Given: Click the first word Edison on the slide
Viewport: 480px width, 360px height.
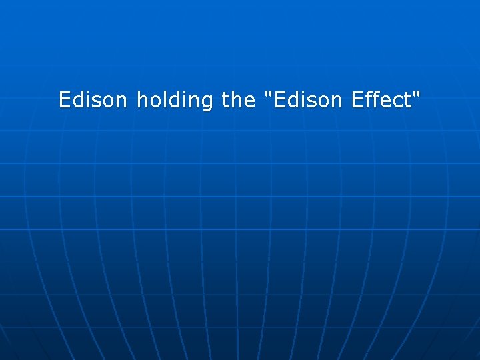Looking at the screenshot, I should click(x=93, y=100).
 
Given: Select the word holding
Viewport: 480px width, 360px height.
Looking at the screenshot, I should click(x=174, y=101).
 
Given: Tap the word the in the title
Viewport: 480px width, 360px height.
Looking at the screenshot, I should click(x=238, y=100).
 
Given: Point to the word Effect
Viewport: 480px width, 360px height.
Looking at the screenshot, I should click(x=381, y=100).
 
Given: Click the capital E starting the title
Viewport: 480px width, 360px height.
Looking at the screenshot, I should click(x=64, y=100).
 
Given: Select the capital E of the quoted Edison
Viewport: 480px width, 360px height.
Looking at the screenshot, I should click(x=279, y=100).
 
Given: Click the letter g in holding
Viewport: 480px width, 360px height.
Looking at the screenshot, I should click(x=207, y=103).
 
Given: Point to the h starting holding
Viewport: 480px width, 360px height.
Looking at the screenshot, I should click(x=141, y=100).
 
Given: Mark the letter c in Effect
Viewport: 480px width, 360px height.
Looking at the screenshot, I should click(x=398, y=101).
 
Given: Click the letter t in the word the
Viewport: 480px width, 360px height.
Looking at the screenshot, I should click(x=225, y=100).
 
